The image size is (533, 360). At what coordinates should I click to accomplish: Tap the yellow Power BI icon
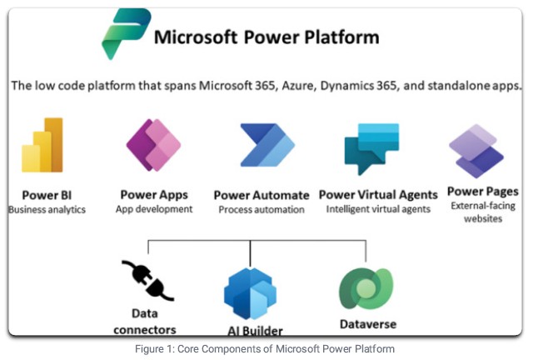click(x=42, y=146)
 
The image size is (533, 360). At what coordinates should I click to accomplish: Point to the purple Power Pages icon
click(x=476, y=151)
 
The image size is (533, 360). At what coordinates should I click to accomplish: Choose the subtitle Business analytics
click(x=47, y=210)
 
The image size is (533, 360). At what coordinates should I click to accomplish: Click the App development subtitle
click(x=154, y=209)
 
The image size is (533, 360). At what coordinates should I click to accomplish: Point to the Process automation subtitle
click(x=262, y=210)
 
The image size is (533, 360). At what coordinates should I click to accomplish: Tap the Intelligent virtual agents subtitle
click(x=379, y=209)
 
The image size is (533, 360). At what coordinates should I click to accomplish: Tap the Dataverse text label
click(x=367, y=324)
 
